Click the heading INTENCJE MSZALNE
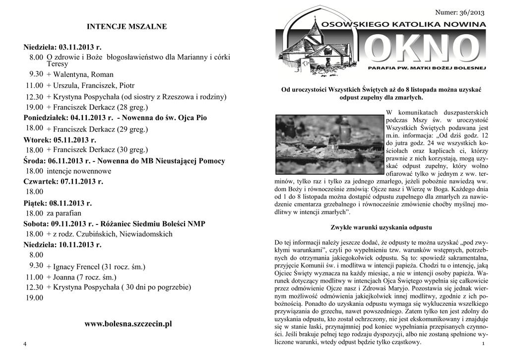pyautogui.click(x=127, y=26)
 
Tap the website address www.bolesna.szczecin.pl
pyautogui.click(x=128, y=324)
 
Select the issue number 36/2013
pyautogui.click(x=459, y=12)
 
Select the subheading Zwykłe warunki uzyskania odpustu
pyautogui.click(x=381, y=227)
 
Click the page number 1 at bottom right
pyautogui.click(x=483, y=345)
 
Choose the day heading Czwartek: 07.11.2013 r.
pyautogui.click(x=63, y=181)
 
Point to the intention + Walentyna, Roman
pyautogui.click(x=80, y=74)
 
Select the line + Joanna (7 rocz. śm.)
pyautogui.click(x=81, y=277)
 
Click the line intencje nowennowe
pyautogui.click(x=79, y=171)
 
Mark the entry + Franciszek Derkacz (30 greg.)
pyautogui.click(x=97, y=149)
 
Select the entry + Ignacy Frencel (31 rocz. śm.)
pyautogui.click(x=96, y=267)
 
